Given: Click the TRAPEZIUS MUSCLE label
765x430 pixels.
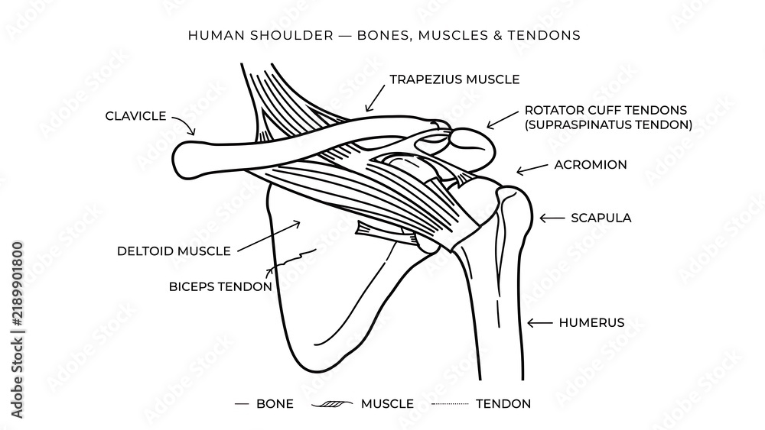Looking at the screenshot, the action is point(454,79).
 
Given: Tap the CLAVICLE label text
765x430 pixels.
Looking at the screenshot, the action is point(135,116).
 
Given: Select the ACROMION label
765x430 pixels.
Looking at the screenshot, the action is point(591,165).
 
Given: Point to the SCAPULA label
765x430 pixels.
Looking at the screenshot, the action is point(601,218).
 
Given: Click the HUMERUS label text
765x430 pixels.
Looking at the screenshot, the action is point(591,322).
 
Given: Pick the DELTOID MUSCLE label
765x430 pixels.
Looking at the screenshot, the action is point(174,251).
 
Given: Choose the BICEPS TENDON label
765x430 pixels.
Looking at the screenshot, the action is point(220,286).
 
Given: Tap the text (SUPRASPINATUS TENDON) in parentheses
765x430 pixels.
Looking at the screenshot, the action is point(608,124).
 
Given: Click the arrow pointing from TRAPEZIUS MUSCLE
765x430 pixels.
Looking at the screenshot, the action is point(375,98).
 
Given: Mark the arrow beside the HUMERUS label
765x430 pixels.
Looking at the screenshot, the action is point(539,322).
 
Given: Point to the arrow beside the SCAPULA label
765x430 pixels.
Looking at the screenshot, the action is point(552,218).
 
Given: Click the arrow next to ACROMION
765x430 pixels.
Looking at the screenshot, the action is point(532,169).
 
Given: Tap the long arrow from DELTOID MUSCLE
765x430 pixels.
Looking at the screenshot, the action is point(269,236).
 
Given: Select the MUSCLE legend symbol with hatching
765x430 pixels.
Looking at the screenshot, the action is point(332,404).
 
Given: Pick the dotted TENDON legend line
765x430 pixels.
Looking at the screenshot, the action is point(450,404).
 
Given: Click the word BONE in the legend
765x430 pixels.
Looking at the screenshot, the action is point(275,404).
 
